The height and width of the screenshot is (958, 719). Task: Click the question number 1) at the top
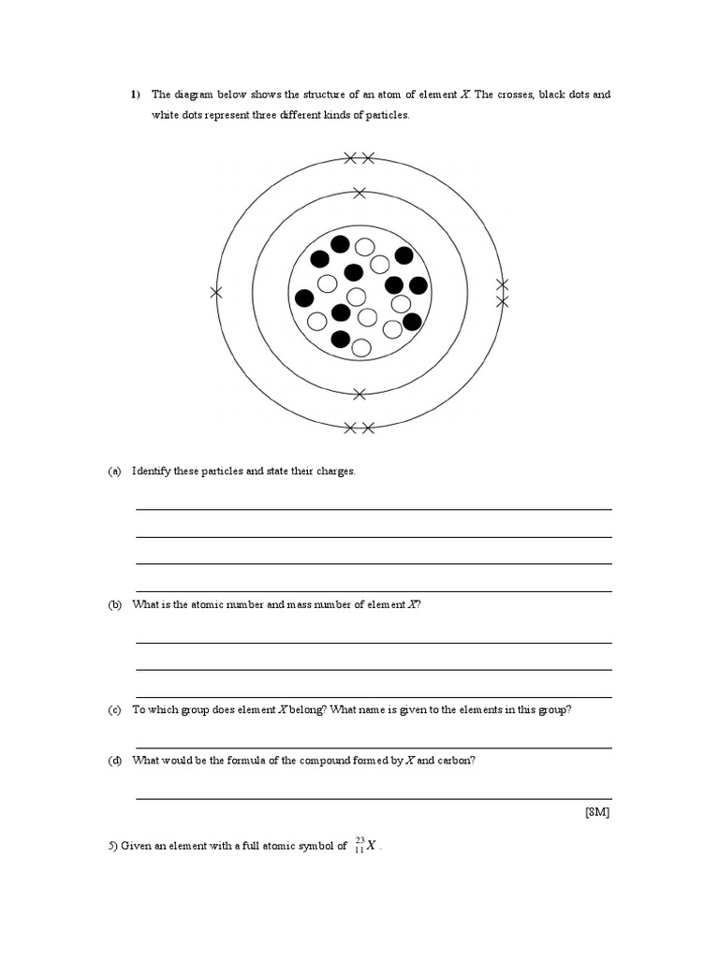(x=135, y=94)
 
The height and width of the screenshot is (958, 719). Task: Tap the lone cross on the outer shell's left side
(x=216, y=293)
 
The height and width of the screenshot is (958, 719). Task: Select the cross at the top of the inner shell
(x=359, y=193)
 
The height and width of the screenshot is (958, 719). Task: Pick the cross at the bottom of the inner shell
(x=359, y=394)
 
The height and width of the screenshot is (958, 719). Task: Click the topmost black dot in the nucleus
(x=341, y=244)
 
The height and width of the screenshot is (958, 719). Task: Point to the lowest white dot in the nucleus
(x=361, y=347)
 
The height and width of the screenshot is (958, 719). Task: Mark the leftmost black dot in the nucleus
(x=304, y=298)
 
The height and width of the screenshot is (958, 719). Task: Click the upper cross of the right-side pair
(x=502, y=284)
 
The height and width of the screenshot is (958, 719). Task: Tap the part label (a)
(x=115, y=472)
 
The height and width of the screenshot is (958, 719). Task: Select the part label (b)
(x=115, y=605)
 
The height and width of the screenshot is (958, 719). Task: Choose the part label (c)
(x=115, y=710)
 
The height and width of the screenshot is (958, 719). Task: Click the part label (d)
(x=115, y=761)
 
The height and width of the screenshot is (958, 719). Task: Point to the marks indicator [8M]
(x=596, y=812)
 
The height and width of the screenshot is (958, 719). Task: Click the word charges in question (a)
(x=335, y=472)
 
